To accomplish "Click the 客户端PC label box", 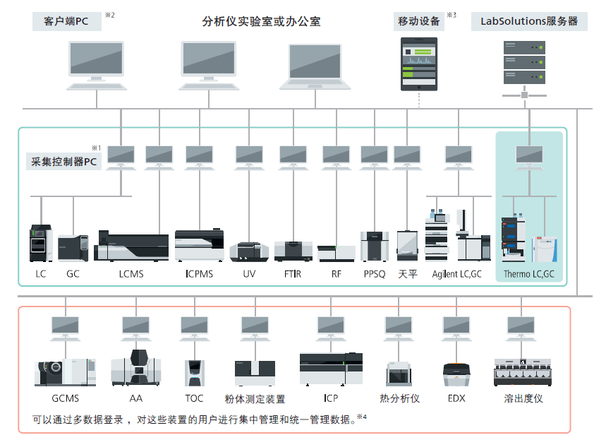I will [x=66, y=21].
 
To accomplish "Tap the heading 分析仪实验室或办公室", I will [x=261, y=21].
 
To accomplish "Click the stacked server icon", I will [x=525, y=63].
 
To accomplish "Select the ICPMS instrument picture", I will [x=199, y=244].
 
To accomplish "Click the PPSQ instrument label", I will [x=375, y=273].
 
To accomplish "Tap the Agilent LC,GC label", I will [x=457, y=273].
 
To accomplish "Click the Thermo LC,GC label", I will [x=529, y=273].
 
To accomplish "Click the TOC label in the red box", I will [x=194, y=398].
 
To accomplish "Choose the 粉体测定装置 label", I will [x=255, y=398].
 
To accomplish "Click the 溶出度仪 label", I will [x=523, y=398].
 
